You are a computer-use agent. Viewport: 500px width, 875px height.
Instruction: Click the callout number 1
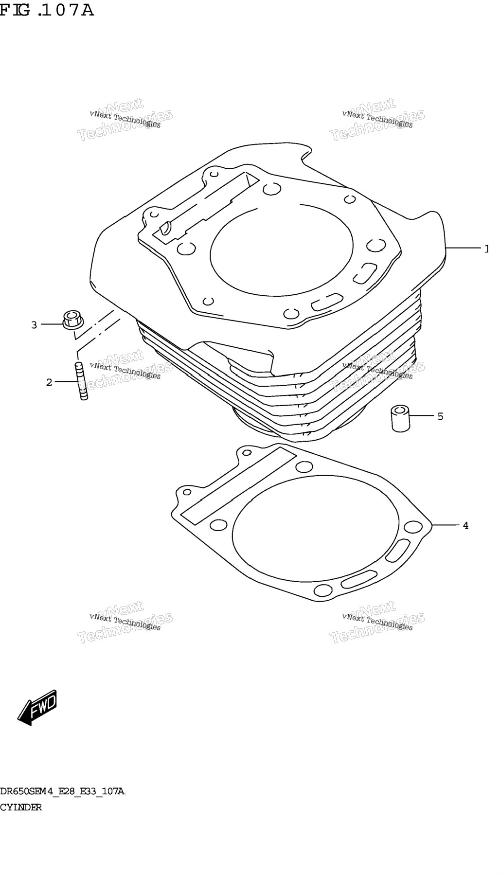(486, 249)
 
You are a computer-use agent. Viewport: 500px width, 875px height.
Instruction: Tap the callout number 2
(49, 382)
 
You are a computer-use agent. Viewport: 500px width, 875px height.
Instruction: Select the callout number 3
(34, 324)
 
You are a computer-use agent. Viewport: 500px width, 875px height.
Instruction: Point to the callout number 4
(465, 525)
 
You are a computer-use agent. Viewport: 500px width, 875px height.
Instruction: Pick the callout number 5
(440, 416)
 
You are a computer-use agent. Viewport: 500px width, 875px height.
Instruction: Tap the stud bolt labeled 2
(81, 381)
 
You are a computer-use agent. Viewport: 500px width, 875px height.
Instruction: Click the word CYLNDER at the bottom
(21, 807)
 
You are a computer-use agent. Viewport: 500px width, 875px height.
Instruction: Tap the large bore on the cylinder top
(282, 250)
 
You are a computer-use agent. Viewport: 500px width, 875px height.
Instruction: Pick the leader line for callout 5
(421, 416)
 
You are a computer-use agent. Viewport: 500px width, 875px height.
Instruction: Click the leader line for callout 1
(463, 248)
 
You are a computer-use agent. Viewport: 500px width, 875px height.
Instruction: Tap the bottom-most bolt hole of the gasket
(321, 590)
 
